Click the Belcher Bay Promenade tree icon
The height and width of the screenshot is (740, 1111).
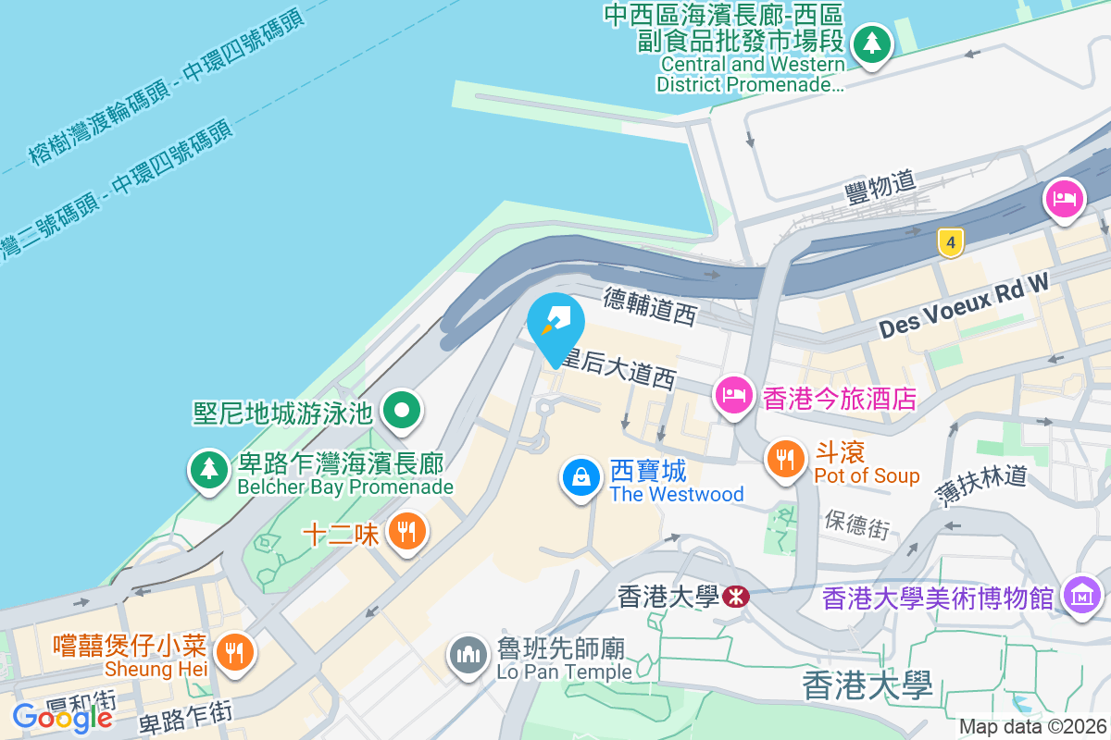click(x=210, y=469)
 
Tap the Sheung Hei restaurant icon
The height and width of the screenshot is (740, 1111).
click(x=234, y=653)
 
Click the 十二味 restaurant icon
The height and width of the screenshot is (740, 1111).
click(x=406, y=532)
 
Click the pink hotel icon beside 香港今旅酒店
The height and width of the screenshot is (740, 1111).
click(x=733, y=396)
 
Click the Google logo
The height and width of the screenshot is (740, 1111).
click(x=62, y=716)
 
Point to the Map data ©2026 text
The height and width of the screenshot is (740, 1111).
click(x=1031, y=727)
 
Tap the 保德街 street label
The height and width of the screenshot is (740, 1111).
click(x=856, y=524)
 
